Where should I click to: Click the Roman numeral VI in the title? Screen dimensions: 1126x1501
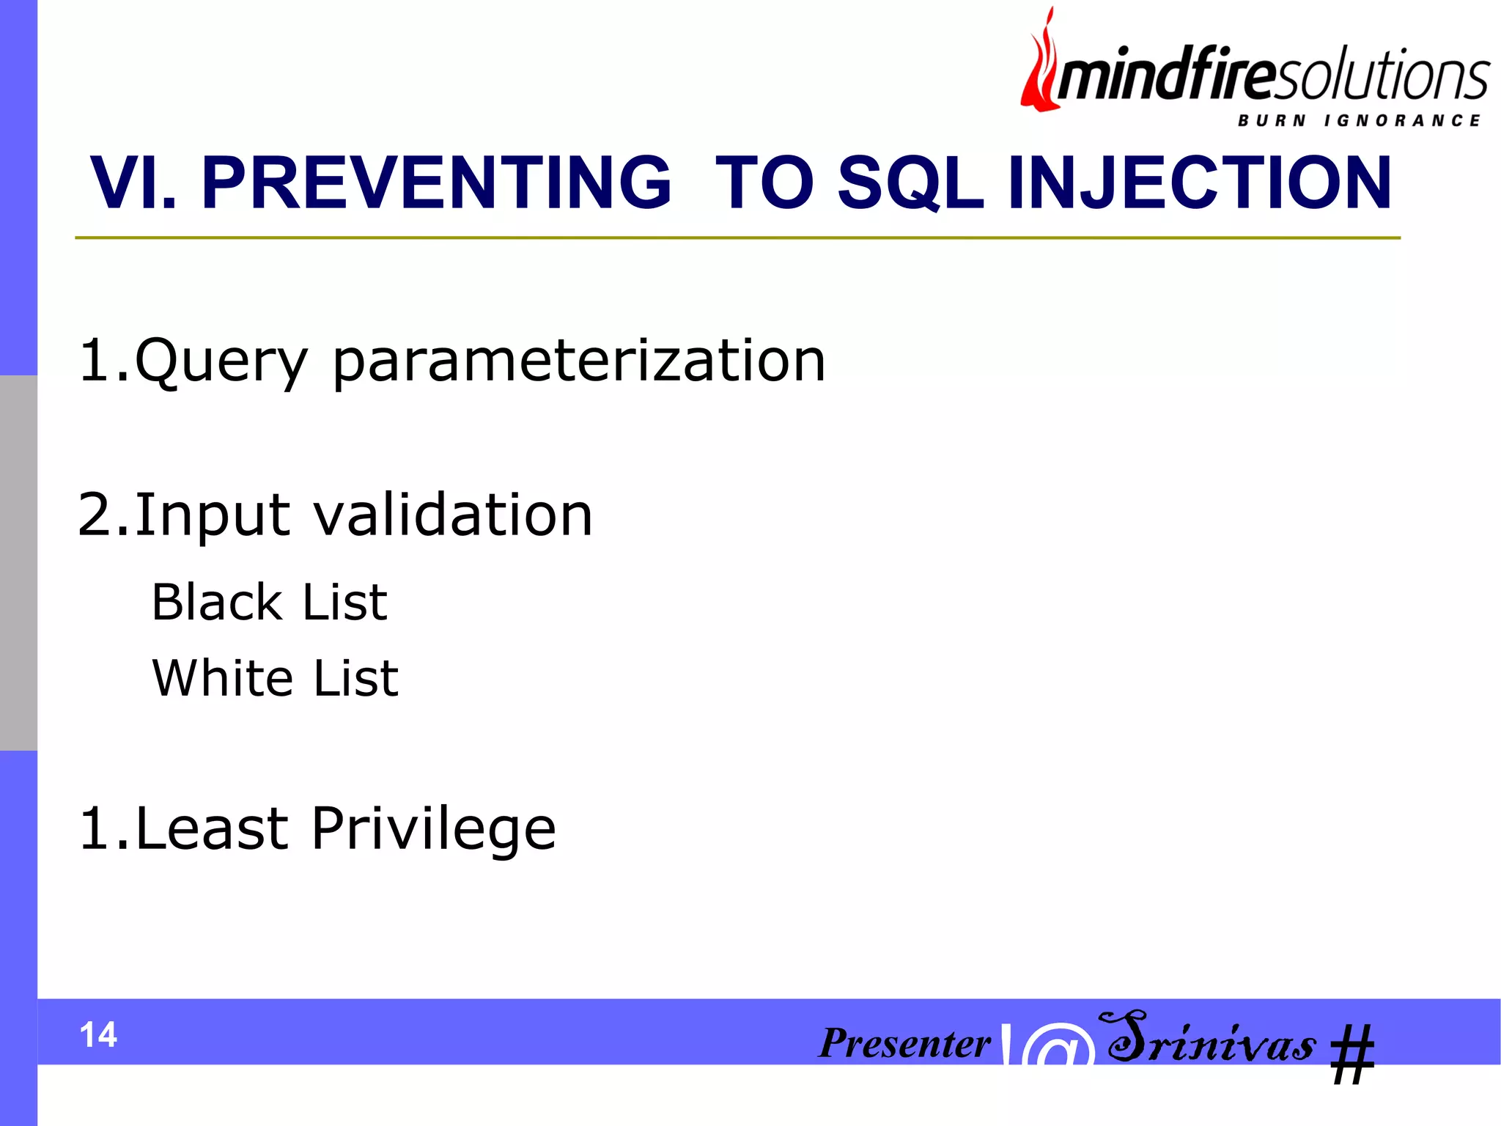coord(132,183)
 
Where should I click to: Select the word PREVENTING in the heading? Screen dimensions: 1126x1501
coord(436,183)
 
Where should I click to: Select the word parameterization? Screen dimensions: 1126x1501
coord(579,361)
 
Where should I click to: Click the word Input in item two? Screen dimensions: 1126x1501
coord(213,515)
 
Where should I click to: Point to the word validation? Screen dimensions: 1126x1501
coord(453,515)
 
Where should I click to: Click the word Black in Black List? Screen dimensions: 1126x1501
coord(217,603)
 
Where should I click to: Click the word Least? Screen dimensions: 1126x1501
coord(212,828)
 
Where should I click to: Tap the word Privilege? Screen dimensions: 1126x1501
coord(433,828)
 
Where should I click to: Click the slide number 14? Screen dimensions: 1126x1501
coord(98,1035)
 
